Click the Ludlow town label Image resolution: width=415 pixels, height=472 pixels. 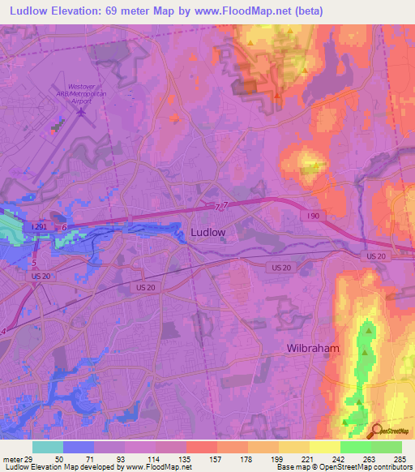tap(207, 232)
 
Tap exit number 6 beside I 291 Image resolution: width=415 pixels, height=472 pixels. tap(64, 229)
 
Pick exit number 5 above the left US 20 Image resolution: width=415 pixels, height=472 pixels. tap(34, 263)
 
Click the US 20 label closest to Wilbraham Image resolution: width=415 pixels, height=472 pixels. tap(375, 255)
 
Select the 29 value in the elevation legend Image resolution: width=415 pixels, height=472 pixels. tap(28, 459)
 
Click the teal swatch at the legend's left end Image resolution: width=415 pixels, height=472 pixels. tap(47, 447)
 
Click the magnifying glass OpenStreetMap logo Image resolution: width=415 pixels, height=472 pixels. tap(377, 430)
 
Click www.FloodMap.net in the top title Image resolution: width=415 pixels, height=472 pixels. tap(247, 10)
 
